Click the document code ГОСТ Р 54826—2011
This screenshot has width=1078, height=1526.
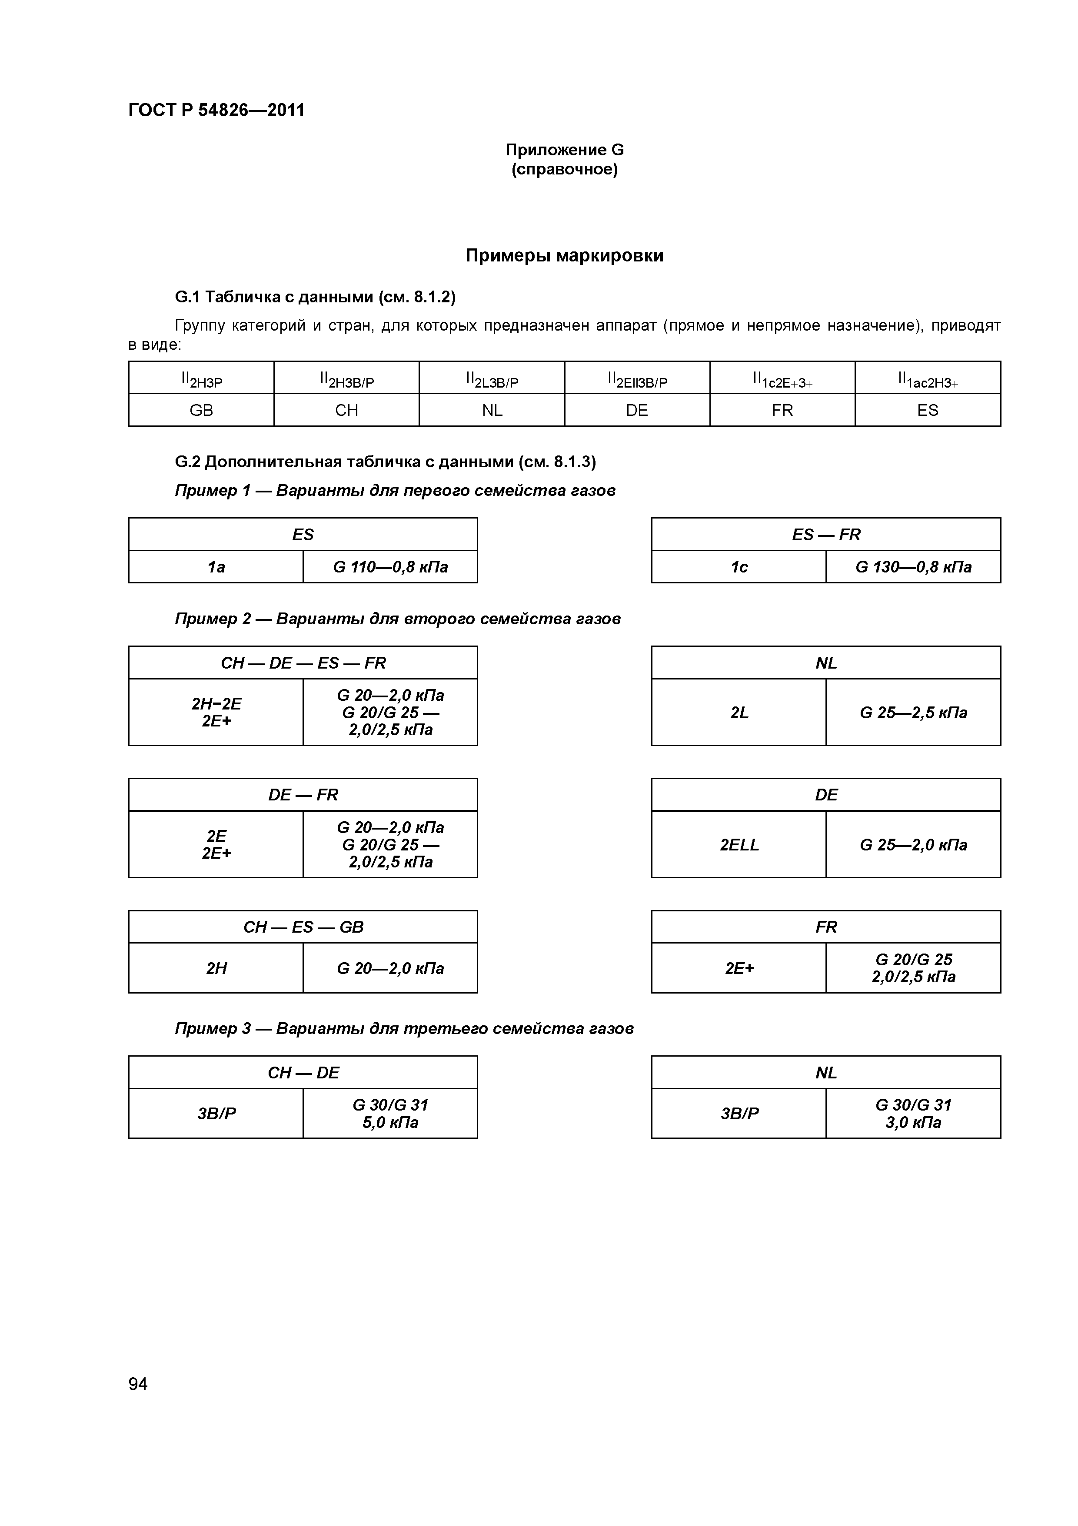216,110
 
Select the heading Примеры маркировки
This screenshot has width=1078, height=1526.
565,256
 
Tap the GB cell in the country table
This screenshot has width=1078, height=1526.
201,410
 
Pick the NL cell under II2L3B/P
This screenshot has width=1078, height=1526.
492,410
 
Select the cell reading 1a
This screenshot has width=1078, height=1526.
216,567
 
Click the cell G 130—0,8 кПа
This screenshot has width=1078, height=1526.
913,567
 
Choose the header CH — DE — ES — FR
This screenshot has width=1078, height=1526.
303,663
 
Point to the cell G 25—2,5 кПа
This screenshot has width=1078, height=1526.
913,713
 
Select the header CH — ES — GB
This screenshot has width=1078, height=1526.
303,927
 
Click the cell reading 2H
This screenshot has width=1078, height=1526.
216,968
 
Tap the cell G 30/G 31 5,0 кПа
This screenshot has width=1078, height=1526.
390,1113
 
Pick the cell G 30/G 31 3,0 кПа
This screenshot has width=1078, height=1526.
913,1113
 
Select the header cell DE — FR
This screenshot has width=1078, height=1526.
303,795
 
